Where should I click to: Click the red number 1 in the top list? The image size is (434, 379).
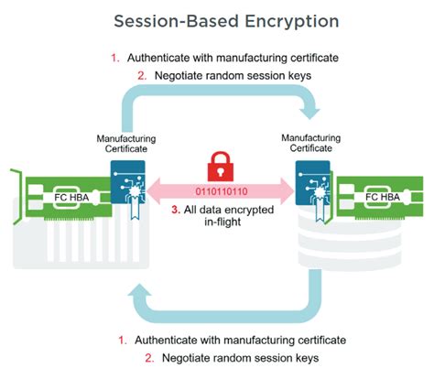tap(115, 58)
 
